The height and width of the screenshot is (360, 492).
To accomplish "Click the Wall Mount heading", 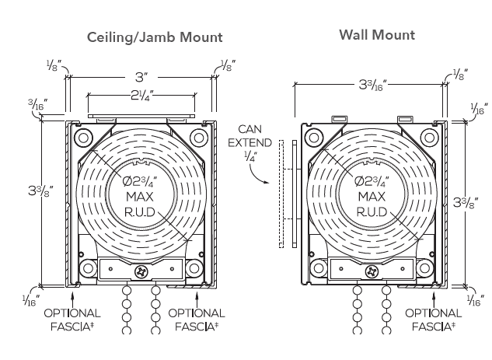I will (377, 35).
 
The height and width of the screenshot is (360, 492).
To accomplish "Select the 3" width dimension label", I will (141, 77).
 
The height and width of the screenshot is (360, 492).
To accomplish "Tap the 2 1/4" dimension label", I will (140, 96).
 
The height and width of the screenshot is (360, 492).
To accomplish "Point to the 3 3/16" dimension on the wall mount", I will (372, 85).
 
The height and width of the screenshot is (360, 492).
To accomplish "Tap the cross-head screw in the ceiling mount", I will (141, 272).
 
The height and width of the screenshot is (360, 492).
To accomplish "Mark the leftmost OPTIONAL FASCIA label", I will (71, 320).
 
